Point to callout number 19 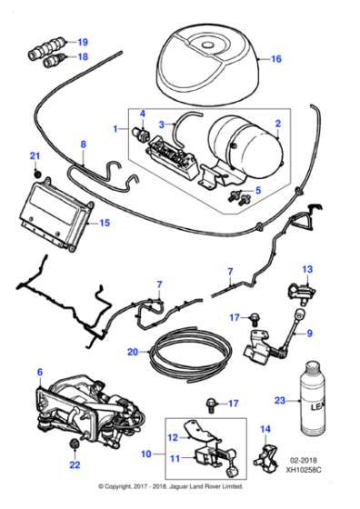pos(84,42)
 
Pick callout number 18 pos(84,56)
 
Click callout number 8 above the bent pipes pos(83,144)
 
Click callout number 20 pos(133,351)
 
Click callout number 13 pos(306,268)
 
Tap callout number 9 pos(308,334)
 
